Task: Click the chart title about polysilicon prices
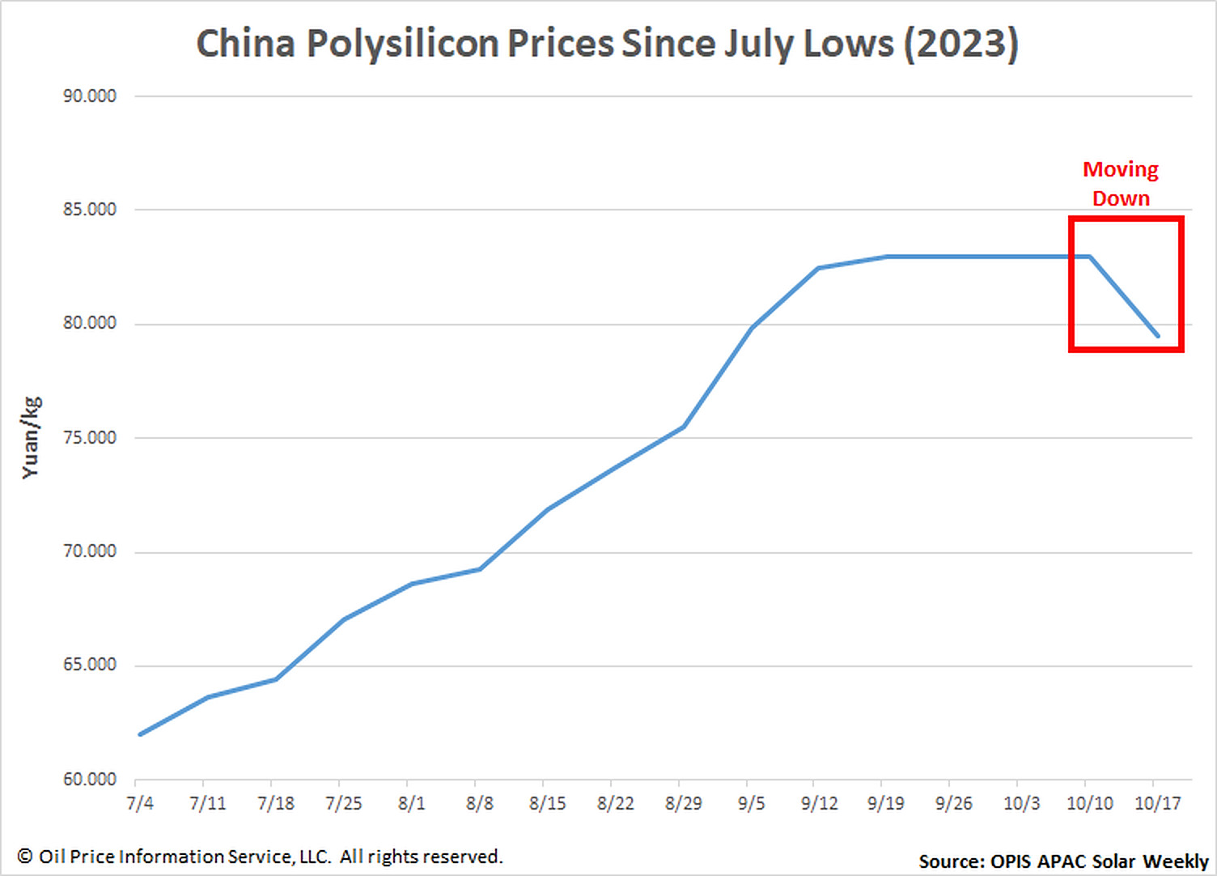pos(607,44)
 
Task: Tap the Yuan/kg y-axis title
pos(30,438)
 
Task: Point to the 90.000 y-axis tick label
pos(90,96)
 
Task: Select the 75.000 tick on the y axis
pos(90,438)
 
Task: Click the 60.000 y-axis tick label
pos(90,780)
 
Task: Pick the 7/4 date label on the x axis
pos(140,803)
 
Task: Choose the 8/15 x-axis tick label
pos(548,803)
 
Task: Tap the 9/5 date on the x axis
pos(752,803)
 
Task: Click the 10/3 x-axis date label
pos(1022,803)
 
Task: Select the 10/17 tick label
pos(1158,803)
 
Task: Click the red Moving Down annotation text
pos(1121,184)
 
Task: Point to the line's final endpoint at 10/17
pos(1157,335)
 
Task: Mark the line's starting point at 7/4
pos(141,734)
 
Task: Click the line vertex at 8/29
pos(684,427)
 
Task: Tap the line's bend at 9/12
pos(819,268)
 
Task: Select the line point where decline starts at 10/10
pos(1090,257)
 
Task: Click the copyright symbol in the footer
pos(25,857)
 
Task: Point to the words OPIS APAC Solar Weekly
pos(1099,861)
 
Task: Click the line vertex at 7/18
pos(276,679)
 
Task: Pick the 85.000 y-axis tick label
pos(90,210)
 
